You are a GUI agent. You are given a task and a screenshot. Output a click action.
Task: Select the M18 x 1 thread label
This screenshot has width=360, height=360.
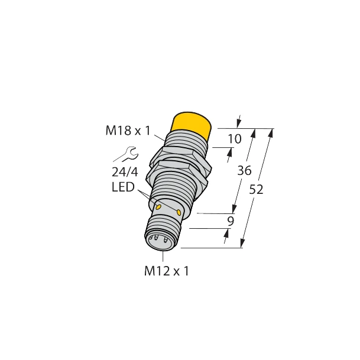(x=127, y=131)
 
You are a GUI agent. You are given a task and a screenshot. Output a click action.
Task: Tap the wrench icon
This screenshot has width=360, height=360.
(x=125, y=155)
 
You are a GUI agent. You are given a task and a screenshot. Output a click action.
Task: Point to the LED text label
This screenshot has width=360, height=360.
(x=122, y=188)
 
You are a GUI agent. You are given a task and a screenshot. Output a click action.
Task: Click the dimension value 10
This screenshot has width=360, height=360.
(x=235, y=140)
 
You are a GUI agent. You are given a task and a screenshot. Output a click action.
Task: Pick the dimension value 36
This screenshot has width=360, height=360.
(x=244, y=171)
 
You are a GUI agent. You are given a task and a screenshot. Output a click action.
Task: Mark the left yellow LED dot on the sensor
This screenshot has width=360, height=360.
(x=158, y=206)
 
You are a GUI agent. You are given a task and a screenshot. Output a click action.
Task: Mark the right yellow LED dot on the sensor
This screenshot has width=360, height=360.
(x=180, y=212)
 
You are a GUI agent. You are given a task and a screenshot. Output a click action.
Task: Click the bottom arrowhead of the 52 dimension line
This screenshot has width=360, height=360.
(x=244, y=244)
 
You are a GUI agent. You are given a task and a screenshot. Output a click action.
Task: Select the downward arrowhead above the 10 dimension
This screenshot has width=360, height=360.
(x=239, y=123)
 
